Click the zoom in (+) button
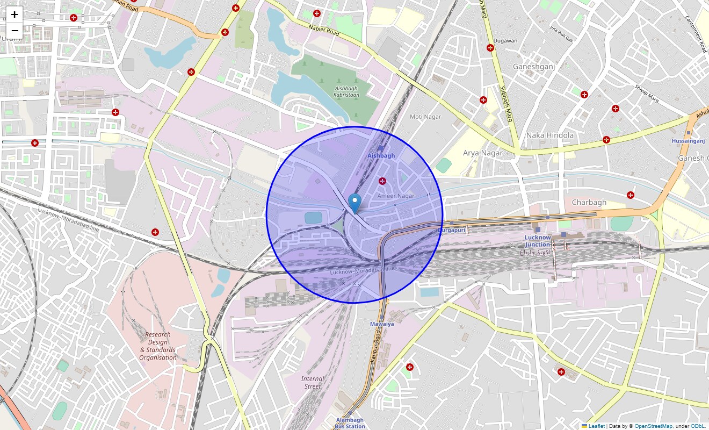click(x=15, y=15)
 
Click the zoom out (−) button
click(x=15, y=31)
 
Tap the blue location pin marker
click(x=354, y=204)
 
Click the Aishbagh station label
click(x=381, y=155)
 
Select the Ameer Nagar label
click(x=396, y=196)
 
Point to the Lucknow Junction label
click(x=538, y=241)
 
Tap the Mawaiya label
click(x=382, y=324)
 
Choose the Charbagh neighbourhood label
click(x=589, y=203)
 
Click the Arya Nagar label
click(x=483, y=153)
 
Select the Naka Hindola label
click(x=550, y=135)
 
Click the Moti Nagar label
click(x=425, y=117)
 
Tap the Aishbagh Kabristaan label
click(x=347, y=91)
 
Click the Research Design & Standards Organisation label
click(x=158, y=346)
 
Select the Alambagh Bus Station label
click(x=350, y=423)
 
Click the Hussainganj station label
click(x=688, y=141)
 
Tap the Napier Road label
click(x=324, y=30)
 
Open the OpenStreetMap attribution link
click(x=653, y=426)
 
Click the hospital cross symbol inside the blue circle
click(x=382, y=181)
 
